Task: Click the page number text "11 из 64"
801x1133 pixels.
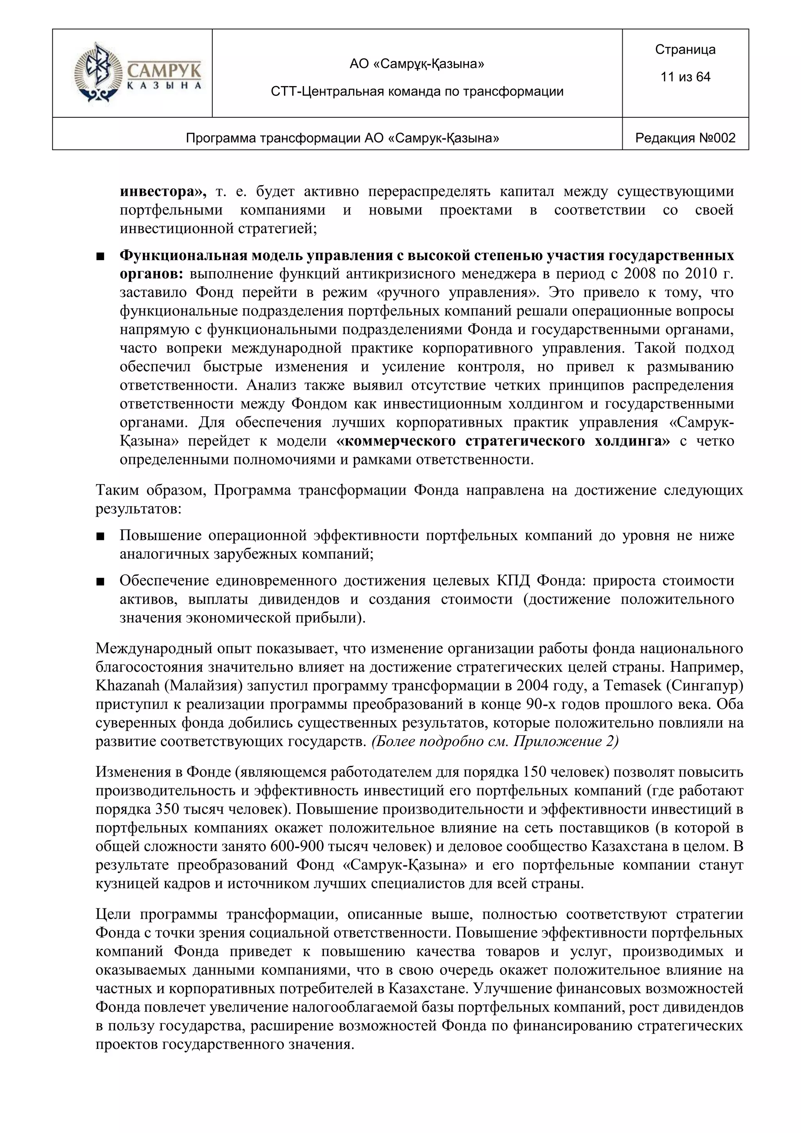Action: coord(685,77)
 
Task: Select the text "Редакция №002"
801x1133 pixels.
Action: coord(685,138)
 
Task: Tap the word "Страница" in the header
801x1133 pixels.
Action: coord(685,49)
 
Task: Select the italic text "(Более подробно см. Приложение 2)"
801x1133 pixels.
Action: coord(495,742)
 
